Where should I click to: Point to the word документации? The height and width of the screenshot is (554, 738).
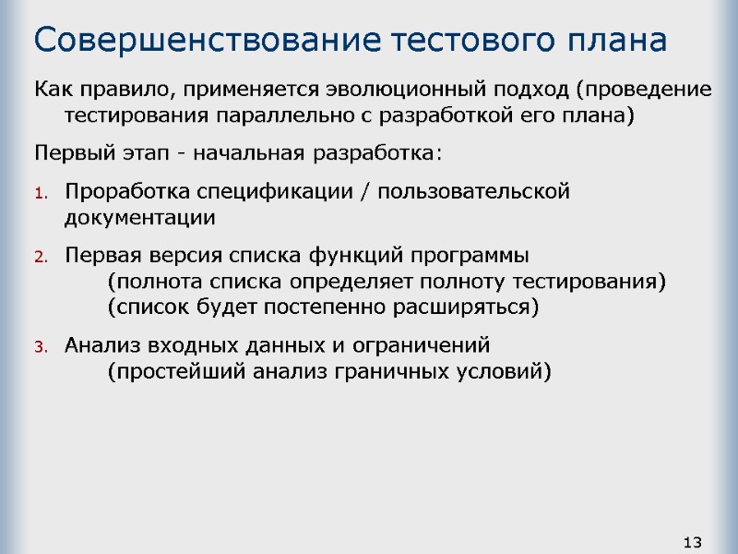(139, 219)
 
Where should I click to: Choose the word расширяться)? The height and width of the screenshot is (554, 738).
(476, 307)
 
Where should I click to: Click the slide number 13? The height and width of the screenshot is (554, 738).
(694, 541)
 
